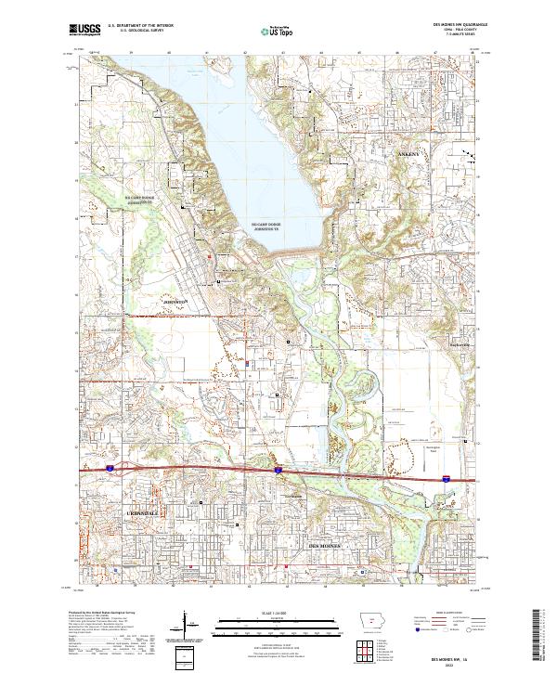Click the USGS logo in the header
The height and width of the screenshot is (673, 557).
click(x=85, y=30)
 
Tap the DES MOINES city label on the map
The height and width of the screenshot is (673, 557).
click(x=325, y=547)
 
